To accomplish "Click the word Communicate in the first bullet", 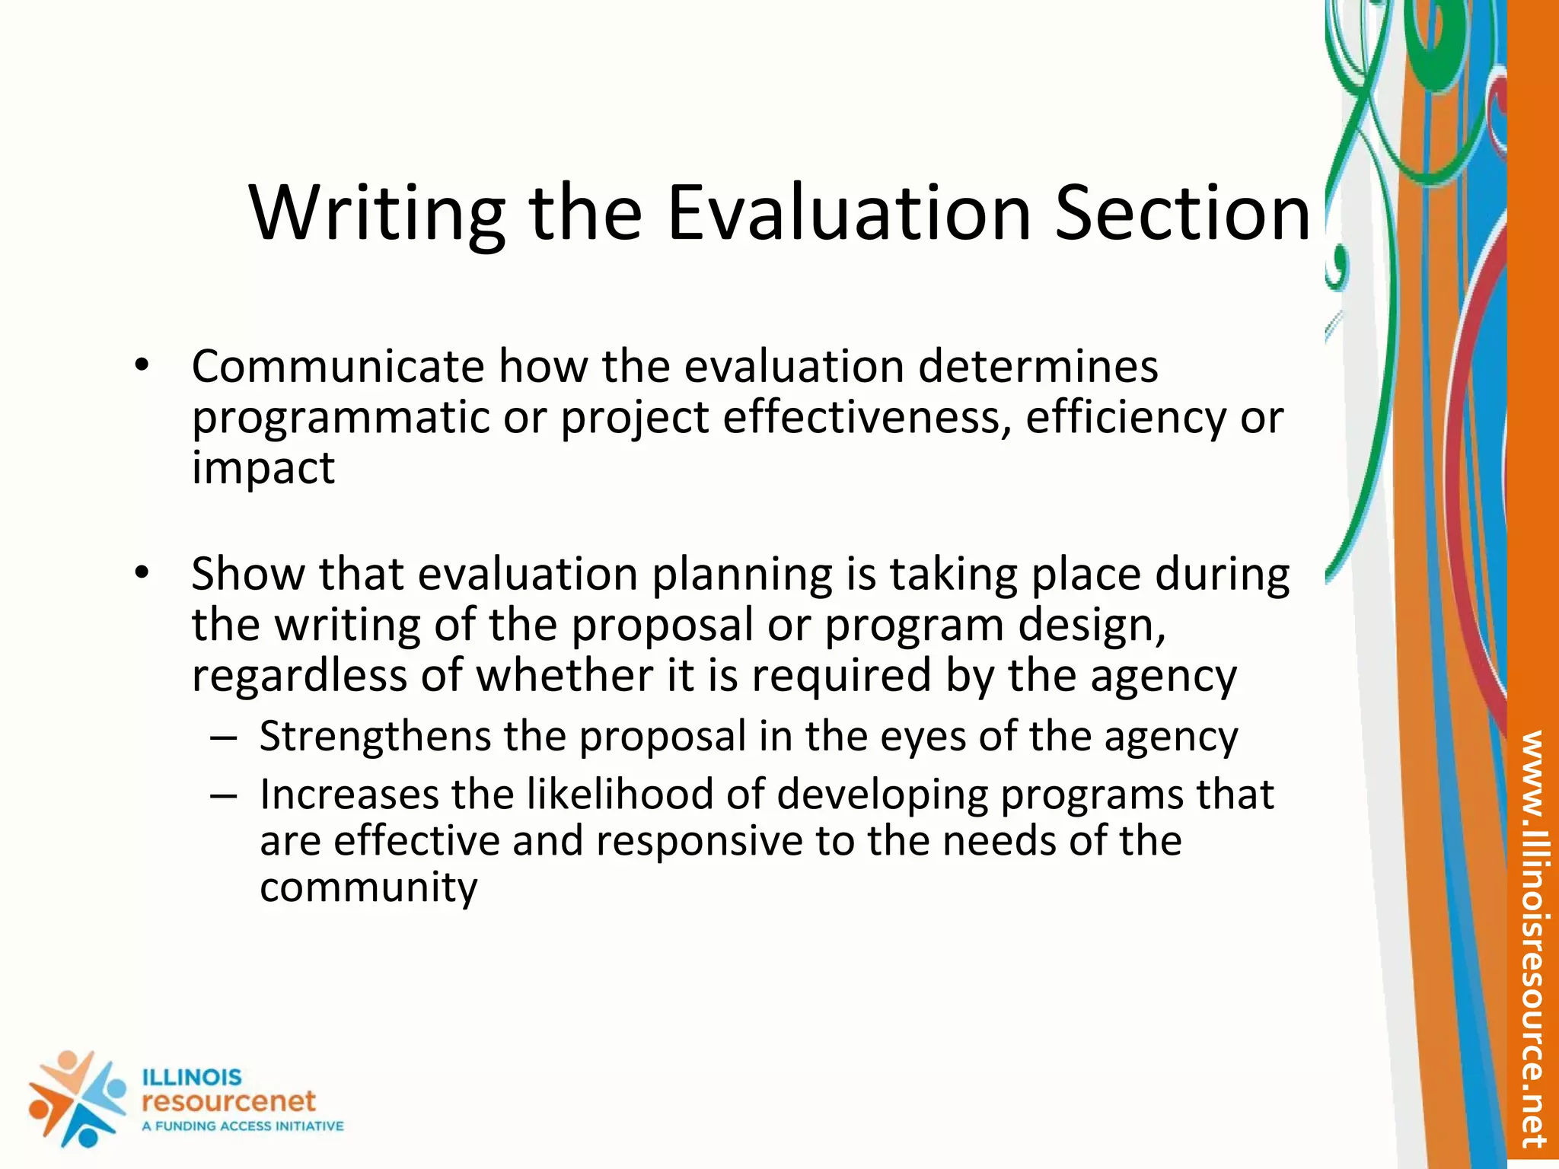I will click(x=337, y=367).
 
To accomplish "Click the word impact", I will click(x=263, y=468).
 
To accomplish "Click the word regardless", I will click(x=299, y=676).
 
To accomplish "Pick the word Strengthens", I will click(x=375, y=737).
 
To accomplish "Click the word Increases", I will click(x=349, y=795).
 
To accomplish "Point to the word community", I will click(x=368, y=887).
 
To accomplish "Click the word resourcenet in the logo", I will click(x=228, y=1101).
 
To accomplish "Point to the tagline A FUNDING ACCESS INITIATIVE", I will click(x=243, y=1126).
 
